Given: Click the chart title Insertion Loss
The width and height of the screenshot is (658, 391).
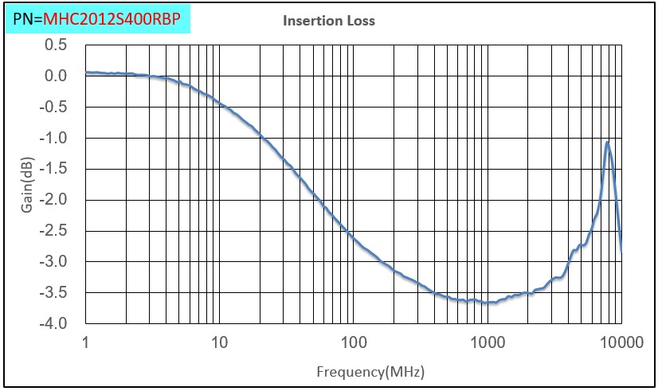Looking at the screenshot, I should [329, 22].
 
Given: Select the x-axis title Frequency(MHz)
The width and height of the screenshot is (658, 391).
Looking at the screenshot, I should [370, 372].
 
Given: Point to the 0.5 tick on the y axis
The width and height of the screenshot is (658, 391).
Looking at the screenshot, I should [56, 45].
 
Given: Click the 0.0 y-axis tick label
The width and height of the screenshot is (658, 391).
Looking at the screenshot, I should [56, 76].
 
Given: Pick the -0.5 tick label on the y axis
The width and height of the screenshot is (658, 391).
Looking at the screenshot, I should [54, 107].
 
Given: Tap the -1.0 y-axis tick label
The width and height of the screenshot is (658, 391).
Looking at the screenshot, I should [54, 138].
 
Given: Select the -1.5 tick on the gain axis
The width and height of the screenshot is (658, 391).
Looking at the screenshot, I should [54, 169].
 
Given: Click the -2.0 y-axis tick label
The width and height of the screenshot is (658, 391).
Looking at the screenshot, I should [54, 200].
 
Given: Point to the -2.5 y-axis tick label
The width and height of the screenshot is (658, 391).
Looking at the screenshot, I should [54, 231].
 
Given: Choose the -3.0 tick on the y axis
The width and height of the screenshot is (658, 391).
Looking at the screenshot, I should [54, 262].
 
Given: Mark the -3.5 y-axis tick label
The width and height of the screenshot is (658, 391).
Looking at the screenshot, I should [54, 293].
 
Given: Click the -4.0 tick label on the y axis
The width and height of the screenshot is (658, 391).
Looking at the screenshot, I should [54, 324].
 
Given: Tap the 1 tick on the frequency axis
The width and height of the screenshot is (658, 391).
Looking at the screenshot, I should [85, 343].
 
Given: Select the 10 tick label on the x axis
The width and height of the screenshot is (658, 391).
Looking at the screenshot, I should [219, 343].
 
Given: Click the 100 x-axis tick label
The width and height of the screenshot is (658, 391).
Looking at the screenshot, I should [353, 343].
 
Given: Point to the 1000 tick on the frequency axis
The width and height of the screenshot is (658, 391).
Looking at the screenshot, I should [487, 343].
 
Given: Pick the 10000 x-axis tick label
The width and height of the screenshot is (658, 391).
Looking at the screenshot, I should [621, 343].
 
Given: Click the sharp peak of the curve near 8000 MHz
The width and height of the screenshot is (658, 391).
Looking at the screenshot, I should [607, 143].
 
